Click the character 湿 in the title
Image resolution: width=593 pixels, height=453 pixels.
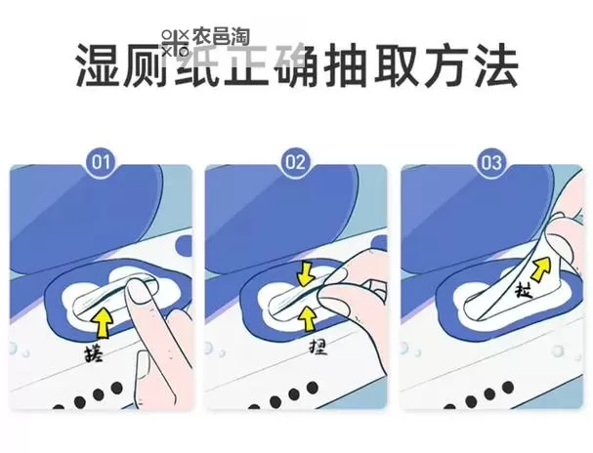(x=101, y=65)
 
